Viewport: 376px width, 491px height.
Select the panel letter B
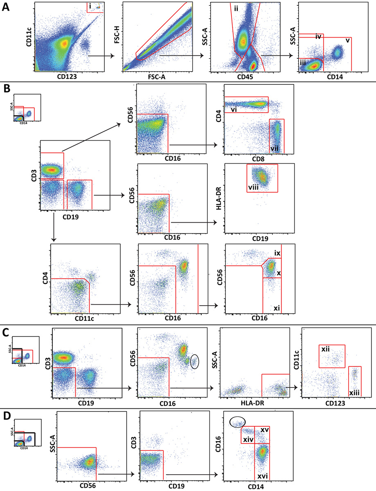[6, 88]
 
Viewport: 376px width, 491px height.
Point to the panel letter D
[6, 414]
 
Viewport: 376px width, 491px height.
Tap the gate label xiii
[354, 392]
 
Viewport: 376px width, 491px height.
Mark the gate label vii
[275, 148]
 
